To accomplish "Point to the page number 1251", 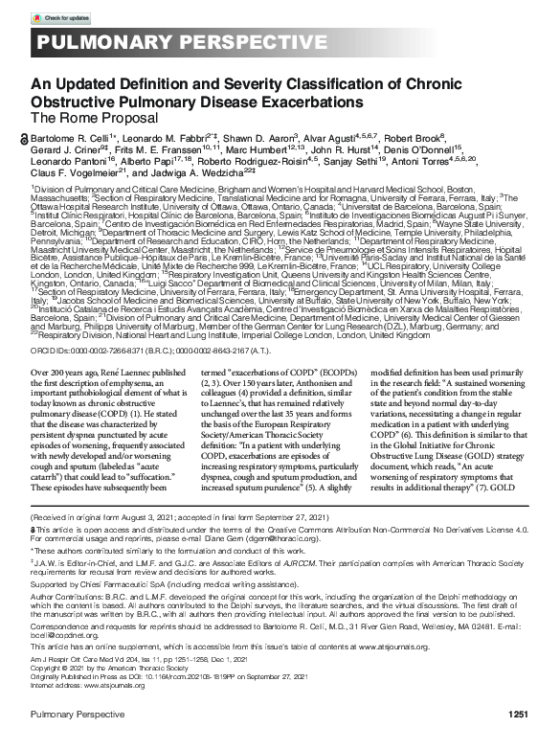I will [517, 714].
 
